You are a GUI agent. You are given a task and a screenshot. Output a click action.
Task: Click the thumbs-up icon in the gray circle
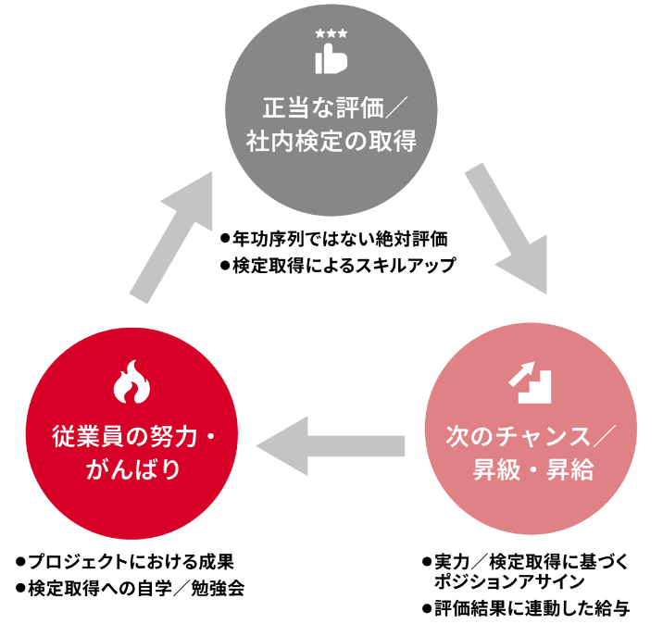click(331, 61)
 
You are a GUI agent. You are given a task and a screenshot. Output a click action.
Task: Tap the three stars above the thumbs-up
click(331, 34)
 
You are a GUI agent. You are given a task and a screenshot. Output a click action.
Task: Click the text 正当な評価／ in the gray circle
click(330, 107)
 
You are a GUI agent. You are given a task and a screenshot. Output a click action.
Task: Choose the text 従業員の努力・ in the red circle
click(131, 433)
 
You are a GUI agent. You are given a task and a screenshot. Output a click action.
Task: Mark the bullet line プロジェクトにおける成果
click(125, 562)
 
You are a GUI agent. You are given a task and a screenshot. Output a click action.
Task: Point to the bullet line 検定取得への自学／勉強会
click(131, 588)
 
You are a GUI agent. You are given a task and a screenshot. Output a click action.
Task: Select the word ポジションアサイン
click(507, 581)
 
